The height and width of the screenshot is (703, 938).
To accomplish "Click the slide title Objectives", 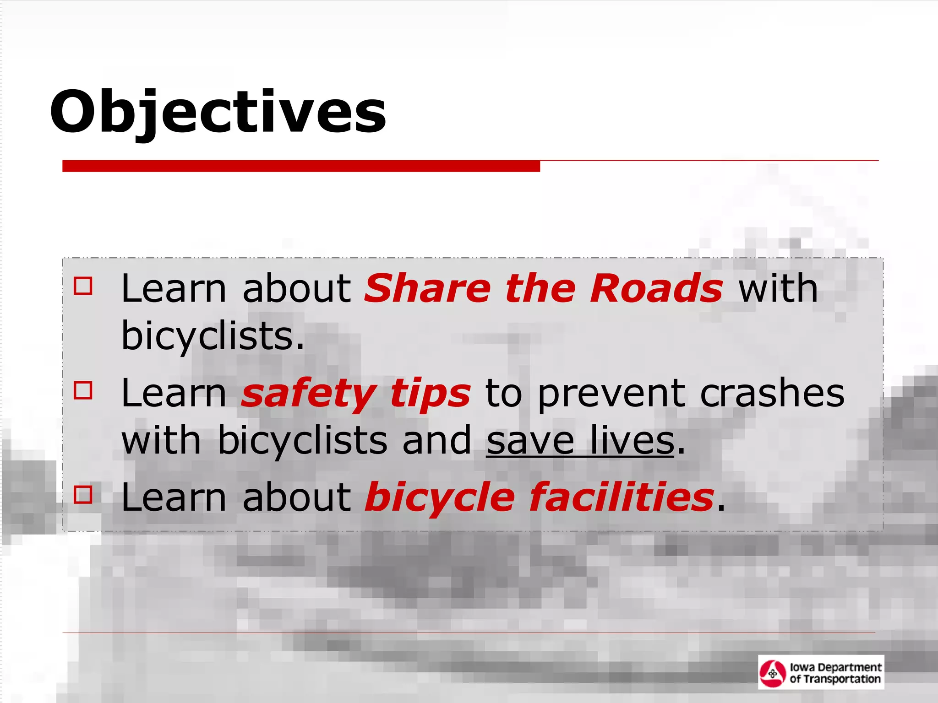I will (x=218, y=112).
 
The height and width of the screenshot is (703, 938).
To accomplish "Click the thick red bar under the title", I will (x=301, y=166).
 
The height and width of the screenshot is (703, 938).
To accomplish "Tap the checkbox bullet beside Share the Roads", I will (x=83, y=286).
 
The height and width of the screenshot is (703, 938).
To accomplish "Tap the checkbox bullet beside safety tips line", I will (x=83, y=390).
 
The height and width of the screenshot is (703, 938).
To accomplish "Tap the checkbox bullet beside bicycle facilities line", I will (x=83, y=494).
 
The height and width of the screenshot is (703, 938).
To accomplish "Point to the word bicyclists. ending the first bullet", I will (x=213, y=336).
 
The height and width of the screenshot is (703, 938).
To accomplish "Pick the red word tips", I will (x=430, y=394).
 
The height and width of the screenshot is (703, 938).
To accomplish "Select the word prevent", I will (x=611, y=394).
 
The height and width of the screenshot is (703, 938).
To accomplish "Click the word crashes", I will (x=772, y=394).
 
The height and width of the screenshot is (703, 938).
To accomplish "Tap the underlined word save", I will (x=530, y=441).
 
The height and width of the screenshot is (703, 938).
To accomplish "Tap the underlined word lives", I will (x=632, y=441).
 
